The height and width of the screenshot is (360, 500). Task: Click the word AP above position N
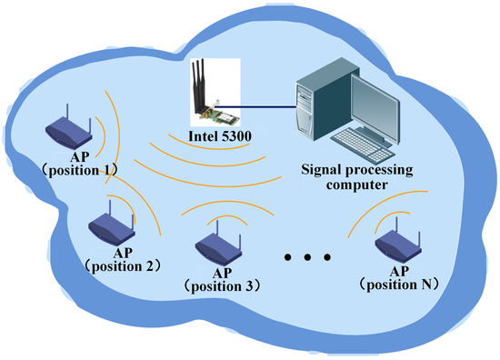tap(396, 270)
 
